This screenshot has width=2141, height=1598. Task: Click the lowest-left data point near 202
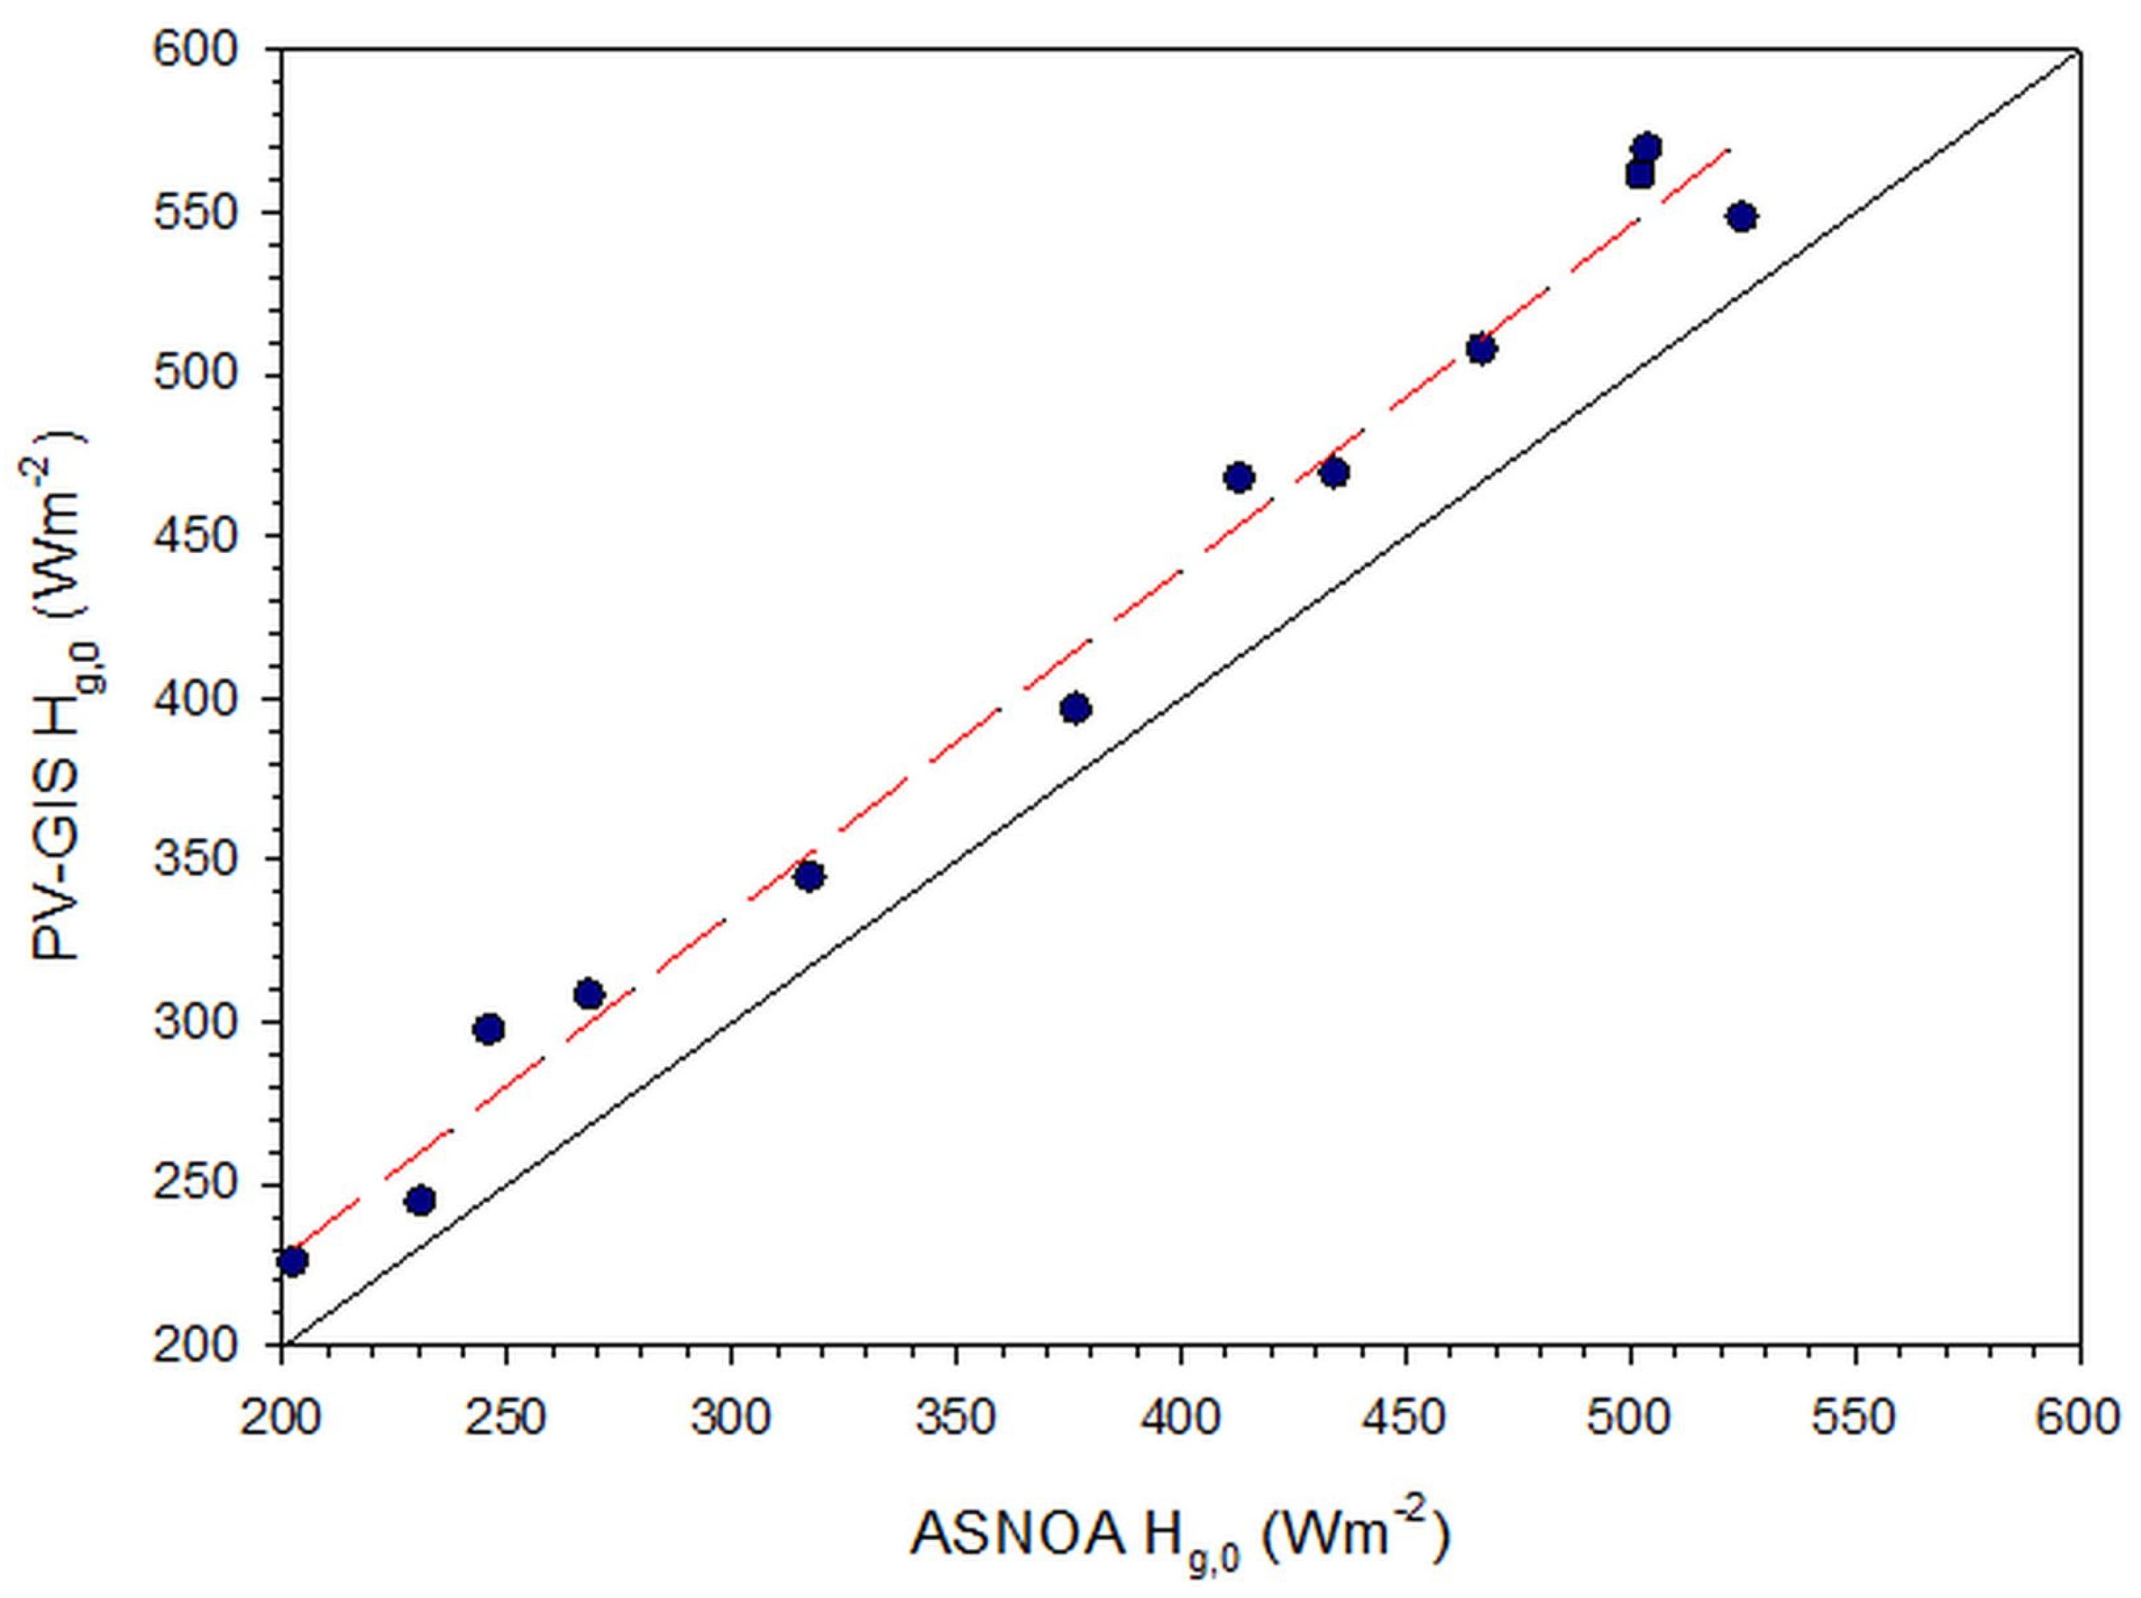pos(292,1261)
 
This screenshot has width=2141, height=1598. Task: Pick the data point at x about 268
pos(589,994)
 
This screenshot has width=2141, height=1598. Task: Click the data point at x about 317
pos(809,876)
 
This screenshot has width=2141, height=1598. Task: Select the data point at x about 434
pos(1335,473)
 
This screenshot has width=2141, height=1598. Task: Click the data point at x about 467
pos(1481,348)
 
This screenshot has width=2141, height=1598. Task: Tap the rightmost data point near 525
pos(1742,216)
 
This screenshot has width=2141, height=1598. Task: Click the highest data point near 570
pos(1647,148)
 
